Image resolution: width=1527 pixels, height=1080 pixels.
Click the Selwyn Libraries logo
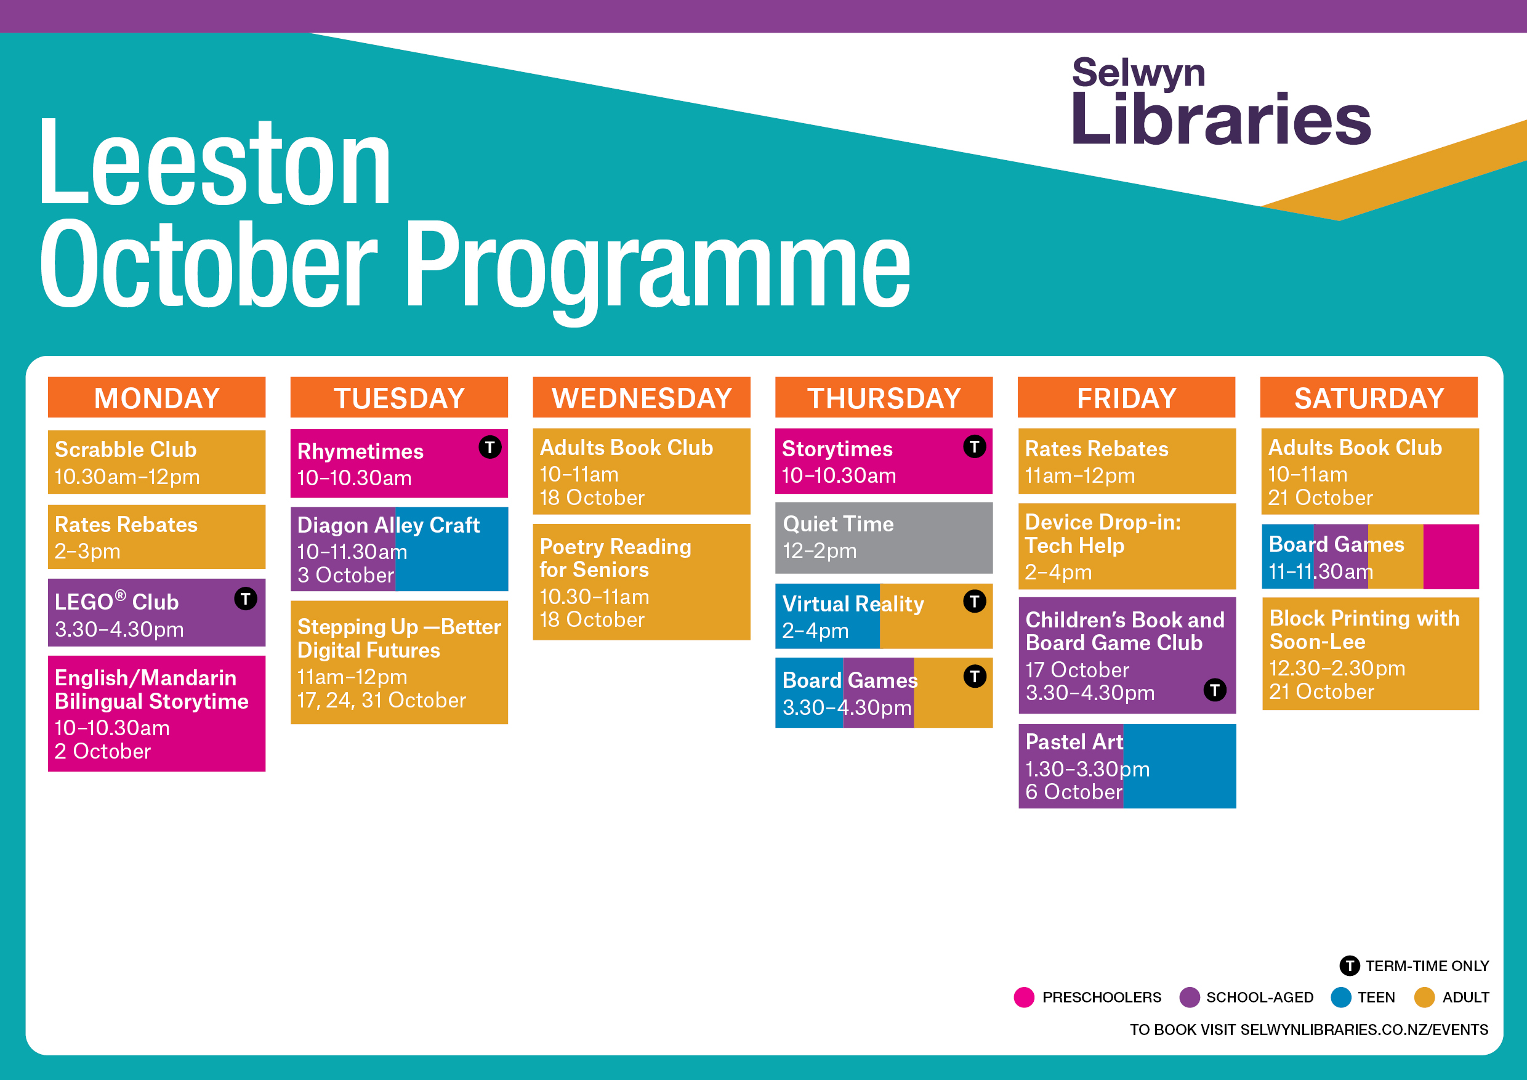1221,101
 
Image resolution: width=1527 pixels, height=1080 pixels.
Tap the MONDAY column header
157,398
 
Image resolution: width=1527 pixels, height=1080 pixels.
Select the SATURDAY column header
1369,398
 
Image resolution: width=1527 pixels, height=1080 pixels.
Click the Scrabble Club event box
157,462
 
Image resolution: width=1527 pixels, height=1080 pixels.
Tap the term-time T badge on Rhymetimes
490,447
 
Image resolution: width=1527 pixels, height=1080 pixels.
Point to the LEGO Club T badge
246,598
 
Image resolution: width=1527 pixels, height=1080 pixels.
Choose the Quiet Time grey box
884,538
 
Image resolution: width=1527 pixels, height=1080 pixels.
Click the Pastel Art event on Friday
1127,766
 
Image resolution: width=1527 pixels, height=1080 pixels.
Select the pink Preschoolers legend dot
1024,997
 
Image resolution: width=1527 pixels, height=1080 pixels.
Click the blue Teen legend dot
1341,997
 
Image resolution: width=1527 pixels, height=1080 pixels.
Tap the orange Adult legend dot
1425,997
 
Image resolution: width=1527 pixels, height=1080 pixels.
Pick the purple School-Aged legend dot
1189,997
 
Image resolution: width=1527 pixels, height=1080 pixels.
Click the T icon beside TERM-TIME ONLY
1350,965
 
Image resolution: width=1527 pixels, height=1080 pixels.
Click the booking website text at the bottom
1309,1030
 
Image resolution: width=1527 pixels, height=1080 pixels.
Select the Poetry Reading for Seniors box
642,582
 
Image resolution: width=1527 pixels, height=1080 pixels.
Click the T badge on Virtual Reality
974,601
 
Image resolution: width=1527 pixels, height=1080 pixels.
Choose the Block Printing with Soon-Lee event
1371,654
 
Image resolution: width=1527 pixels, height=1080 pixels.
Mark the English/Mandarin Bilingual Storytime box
157,714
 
